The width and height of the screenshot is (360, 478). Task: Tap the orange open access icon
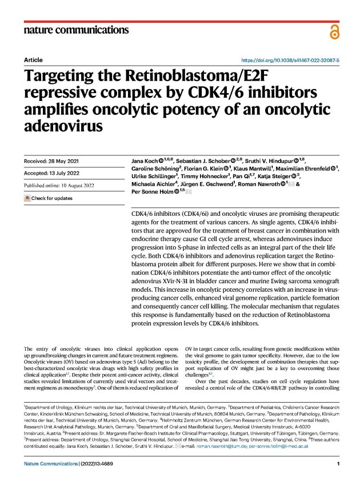334,32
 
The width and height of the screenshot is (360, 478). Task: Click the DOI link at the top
291,59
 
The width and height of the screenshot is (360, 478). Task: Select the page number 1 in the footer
338,464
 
